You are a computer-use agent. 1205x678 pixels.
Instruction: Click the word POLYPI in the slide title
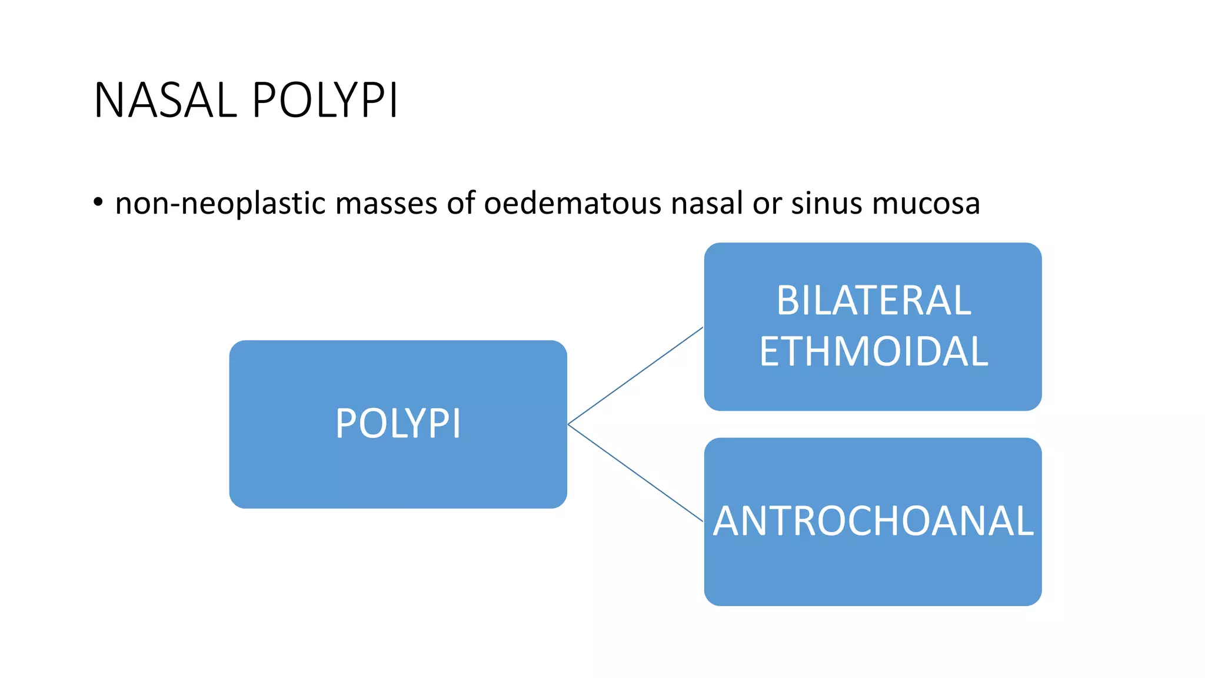[325, 101]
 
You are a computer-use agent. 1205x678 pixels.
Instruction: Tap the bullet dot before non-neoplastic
[98, 202]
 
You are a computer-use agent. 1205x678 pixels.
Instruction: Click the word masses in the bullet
[387, 204]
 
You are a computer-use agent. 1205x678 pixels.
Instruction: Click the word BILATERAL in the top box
[873, 301]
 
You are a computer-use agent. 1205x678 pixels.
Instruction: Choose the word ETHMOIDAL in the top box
[873, 352]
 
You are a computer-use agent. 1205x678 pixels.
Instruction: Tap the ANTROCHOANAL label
[873, 521]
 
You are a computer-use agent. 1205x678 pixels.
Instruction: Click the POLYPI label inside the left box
[398, 424]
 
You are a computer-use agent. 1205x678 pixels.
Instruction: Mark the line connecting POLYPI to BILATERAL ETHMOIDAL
[635, 375]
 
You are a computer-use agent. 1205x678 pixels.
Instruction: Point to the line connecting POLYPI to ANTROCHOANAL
[635, 473]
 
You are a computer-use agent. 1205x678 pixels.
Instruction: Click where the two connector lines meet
[568, 424]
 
